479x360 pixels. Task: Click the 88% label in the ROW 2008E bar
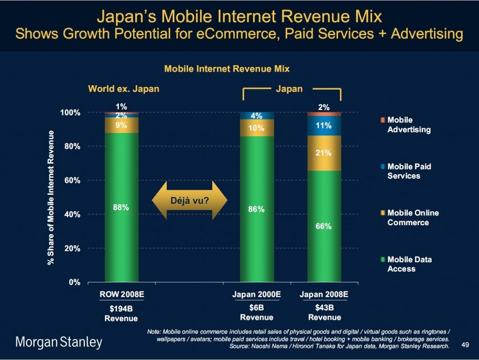121,208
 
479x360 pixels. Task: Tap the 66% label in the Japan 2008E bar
324,227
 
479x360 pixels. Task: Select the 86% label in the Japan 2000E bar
256,209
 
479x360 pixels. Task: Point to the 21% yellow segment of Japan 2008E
324,153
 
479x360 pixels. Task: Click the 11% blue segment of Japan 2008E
324,125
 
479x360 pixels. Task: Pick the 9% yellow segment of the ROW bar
121,125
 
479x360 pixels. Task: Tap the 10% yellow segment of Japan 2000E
256,128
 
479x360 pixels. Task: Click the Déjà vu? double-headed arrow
189,200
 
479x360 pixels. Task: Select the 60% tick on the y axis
70,180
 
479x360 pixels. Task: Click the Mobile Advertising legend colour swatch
382,120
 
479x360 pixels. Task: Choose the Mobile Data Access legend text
409,264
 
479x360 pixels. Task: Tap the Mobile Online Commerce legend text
413,218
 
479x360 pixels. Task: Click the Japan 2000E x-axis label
256,295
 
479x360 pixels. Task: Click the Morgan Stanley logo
59,342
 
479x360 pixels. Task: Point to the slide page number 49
464,345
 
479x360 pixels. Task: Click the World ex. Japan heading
123,89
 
